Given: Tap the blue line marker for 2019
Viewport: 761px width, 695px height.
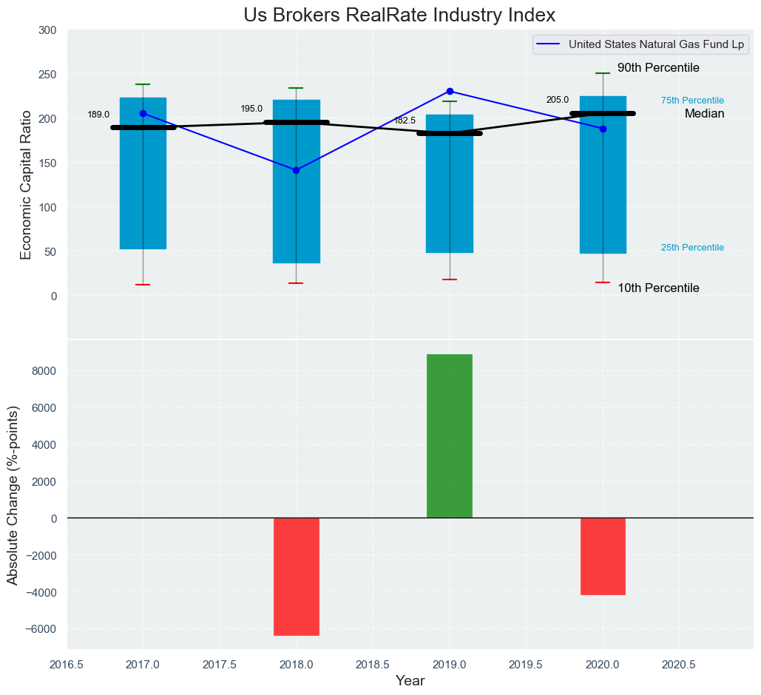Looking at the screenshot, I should click(x=450, y=91).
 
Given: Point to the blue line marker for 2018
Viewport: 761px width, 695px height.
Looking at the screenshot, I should click(x=296, y=170).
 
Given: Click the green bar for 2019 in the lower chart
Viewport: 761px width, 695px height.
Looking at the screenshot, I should click(x=450, y=436).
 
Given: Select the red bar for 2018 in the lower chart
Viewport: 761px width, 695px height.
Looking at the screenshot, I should click(x=296, y=577).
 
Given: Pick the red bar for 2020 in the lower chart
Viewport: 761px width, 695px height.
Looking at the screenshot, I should click(x=603, y=556).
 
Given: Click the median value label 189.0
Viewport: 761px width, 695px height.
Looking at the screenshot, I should click(x=98, y=115).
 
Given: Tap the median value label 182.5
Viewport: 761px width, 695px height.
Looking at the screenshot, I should click(x=405, y=121).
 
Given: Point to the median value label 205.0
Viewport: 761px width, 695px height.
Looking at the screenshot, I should click(x=558, y=100).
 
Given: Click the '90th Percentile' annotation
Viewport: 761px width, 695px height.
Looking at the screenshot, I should click(x=658, y=68).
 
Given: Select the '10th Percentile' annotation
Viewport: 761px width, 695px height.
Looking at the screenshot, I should click(x=658, y=288).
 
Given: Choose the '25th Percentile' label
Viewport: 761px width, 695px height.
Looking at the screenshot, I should click(x=692, y=248).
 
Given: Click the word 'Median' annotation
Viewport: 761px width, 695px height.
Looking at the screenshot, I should click(x=704, y=114).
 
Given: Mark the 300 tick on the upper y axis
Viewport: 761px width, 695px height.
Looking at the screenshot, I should click(x=47, y=30).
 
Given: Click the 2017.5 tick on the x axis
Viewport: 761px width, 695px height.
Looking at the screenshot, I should click(x=220, y=665).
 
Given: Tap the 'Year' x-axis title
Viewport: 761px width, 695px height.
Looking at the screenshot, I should click(x=410, y=681).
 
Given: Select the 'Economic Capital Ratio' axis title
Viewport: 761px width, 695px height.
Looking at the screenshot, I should click(x=27, y=184).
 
